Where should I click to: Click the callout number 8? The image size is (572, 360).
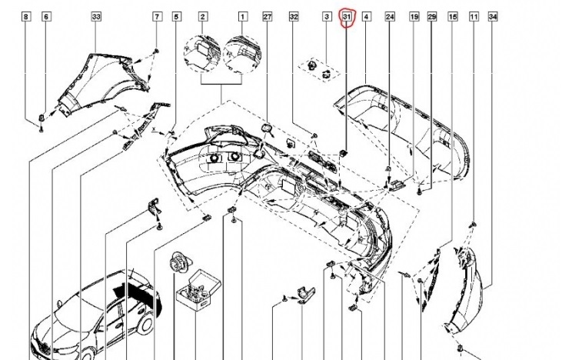[x=27, y=16]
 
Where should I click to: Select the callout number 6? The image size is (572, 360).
[x=46, y=16]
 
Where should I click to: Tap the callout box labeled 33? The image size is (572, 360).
[x=96, y=16]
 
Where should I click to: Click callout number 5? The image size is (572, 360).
[x=177, y=16]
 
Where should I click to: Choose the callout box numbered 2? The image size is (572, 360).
[x=203, y=16]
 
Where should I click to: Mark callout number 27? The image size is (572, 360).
[x=268, y=16]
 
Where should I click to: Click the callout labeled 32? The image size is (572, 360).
[x=294, y=16]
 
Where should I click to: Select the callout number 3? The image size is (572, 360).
[x=326, y=16]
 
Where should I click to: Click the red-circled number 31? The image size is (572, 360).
[x=347, y=16]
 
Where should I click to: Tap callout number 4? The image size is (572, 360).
[x=366, y=16]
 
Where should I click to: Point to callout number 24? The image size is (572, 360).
[x=390, y=16]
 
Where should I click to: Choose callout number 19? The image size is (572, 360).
[x=414, y=16]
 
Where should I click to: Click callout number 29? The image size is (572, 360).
[x=431, y=16]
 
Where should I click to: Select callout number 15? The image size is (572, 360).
[x=452, y=16]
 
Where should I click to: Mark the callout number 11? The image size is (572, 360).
[x=474, y=16]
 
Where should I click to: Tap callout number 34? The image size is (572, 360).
[x=493, y=16]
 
